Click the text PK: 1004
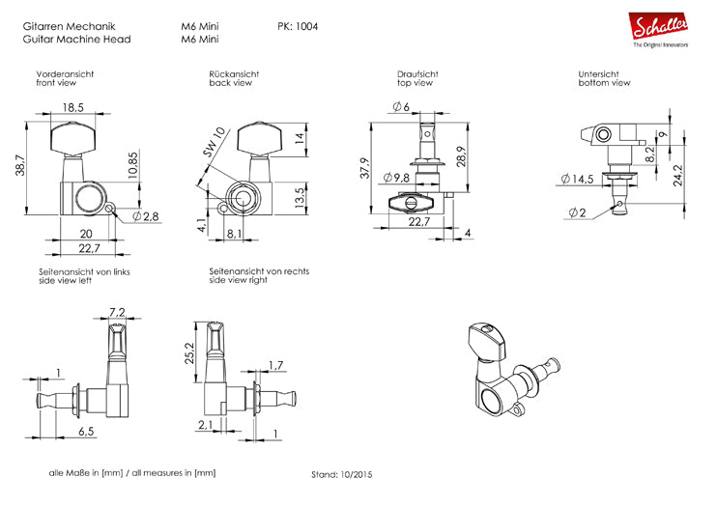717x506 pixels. tap(298, 26)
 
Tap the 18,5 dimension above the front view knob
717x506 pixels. tap(72, 107)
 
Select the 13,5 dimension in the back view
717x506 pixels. tap(300, 196)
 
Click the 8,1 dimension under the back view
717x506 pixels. tap(234, 233)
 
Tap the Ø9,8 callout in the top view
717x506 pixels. tap(396, 178)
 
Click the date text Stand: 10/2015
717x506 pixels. tap(342, 475)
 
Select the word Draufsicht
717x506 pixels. tap(417, 73)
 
